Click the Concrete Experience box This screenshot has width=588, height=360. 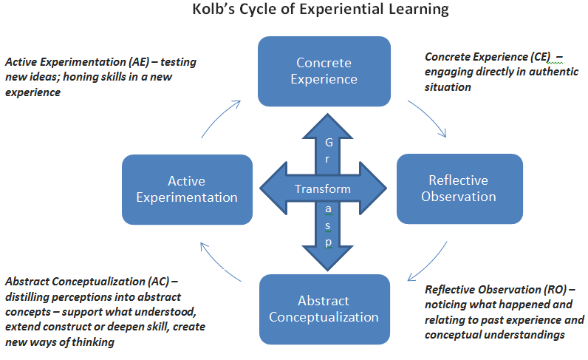324,71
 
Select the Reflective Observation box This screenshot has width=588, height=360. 459,189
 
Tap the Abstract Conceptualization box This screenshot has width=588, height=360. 324,309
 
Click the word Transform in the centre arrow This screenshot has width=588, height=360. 323,189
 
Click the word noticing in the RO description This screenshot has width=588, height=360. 448,305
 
